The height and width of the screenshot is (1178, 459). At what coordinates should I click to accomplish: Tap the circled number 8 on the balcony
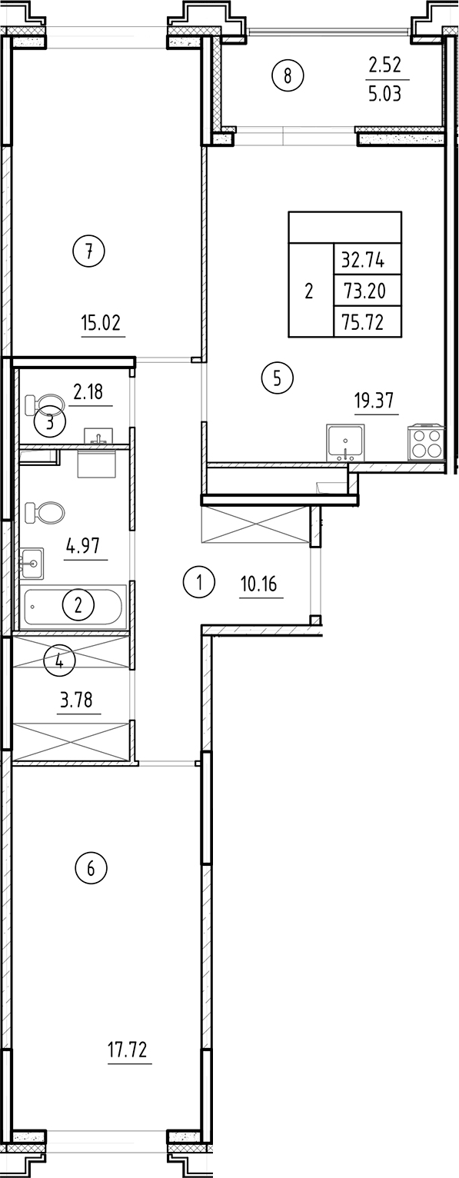(x=288, y=75)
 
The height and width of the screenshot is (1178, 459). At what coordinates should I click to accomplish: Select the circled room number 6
(x=91, y=869)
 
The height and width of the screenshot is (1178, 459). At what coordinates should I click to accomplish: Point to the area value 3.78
(x=79, y=700)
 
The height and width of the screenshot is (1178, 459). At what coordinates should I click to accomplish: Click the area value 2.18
(x=91, y=393)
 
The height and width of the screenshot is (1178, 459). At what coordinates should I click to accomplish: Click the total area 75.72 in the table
(x=368, y=321)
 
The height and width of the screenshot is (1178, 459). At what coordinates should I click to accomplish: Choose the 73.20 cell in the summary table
(x=368, y=290)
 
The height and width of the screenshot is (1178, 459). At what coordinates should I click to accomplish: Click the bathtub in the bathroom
(x=75, y=607)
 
